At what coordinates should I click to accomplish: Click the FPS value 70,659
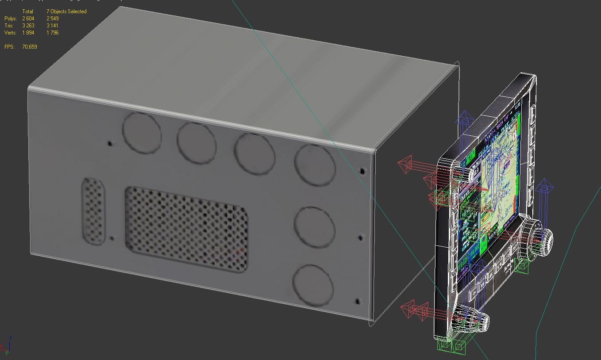tap(30, 47)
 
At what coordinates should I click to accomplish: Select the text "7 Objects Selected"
tap(66, 11)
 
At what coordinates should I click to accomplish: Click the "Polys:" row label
tap(11, 19)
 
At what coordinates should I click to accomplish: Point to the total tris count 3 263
tap(28, 26)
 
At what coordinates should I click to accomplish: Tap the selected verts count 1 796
tap(52, 33)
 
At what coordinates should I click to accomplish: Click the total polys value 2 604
tap(28, 19)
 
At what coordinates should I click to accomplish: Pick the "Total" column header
tap(27, 11)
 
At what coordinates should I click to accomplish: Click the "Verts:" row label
tap(11, 33)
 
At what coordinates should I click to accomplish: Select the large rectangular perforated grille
tap(186, 229)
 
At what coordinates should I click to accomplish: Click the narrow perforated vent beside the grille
tap(94, 211)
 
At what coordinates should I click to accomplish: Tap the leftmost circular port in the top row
tap(142, 133)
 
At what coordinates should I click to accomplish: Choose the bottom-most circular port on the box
tap(312, 285)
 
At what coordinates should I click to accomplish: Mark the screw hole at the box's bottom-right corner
tap(358, 302)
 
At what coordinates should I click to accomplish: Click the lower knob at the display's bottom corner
tap(474, 318)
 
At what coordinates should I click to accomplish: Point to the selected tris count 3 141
tap(52, 26)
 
